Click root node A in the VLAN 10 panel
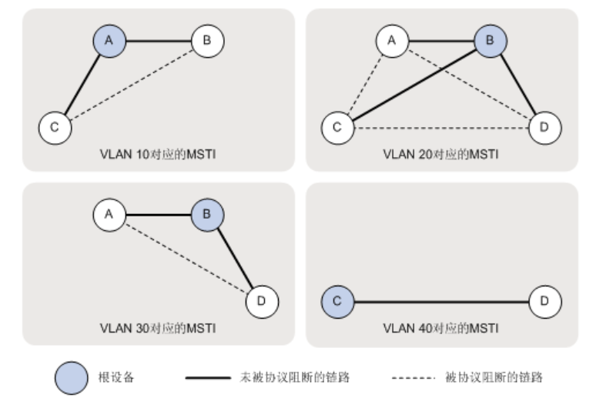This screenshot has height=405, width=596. tap(109, 41)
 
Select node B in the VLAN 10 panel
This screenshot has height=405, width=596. tap(207, 41)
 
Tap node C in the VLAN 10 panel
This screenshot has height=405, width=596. tap(55, 127)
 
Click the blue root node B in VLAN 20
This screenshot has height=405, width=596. tap(490, 41)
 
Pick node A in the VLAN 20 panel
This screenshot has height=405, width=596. tap(392, 41)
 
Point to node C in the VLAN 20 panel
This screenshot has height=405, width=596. tap(337, 127)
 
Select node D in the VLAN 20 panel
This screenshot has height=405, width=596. tap(545, 127)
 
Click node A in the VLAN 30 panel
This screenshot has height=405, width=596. tap(109, 215)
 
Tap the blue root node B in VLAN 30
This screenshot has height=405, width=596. tap(207, 215)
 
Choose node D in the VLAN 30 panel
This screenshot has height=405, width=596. tap(262, 301)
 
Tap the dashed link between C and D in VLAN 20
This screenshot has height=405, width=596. tap(440, 127)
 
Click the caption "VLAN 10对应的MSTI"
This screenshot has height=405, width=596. tap(157, 155)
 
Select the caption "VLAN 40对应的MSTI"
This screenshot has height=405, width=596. tap(440, 329)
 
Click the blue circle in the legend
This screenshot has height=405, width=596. tap(71, 378)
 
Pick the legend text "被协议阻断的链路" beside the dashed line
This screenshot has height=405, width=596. tap(494, 378)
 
